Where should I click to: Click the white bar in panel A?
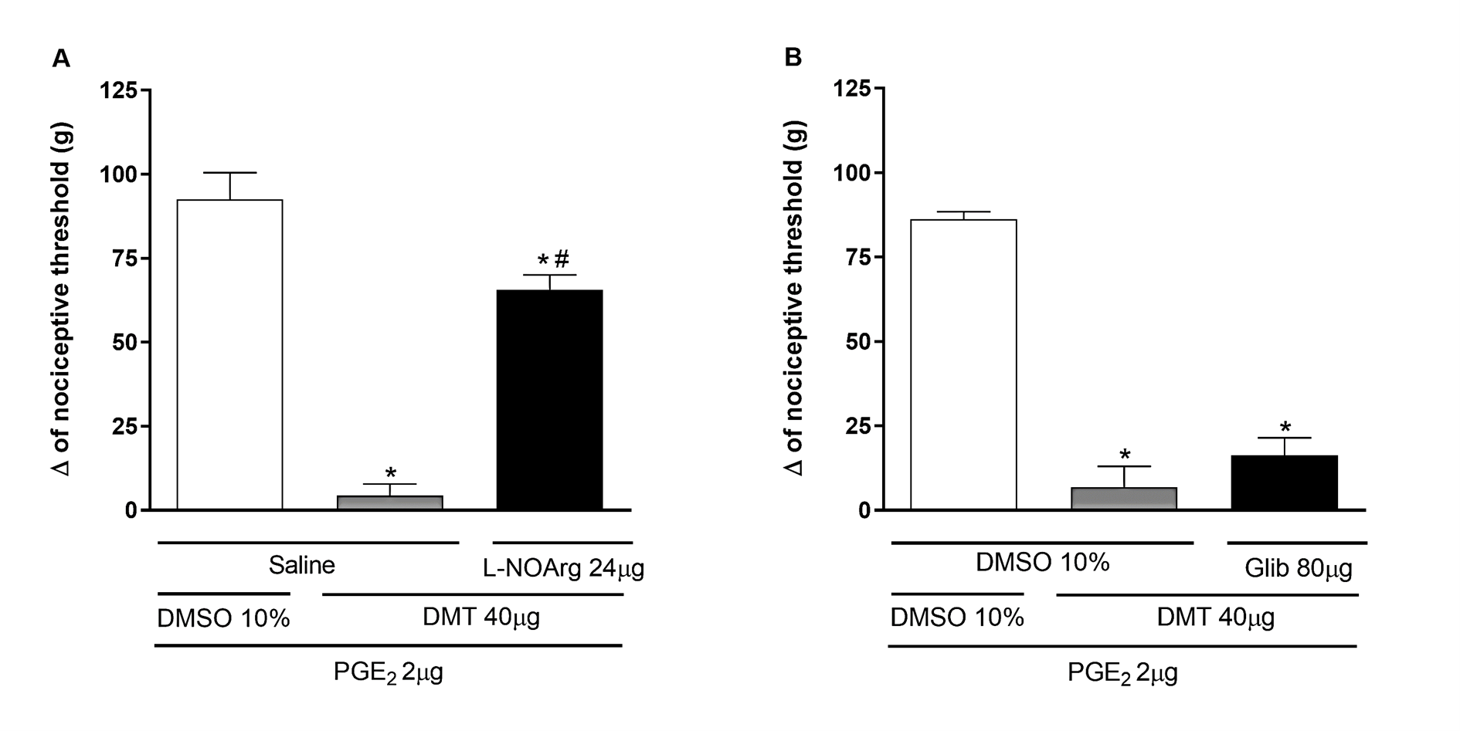[x=229, y=355]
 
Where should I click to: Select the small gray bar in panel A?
[x=389, y=503]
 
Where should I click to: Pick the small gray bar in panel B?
[x=1123, y=499]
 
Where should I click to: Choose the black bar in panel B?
[x=1284, y=482]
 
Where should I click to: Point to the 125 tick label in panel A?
[x=118, y=90]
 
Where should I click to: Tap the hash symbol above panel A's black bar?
[x=562, y=259]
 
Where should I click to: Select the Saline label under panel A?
[x=301, y=566]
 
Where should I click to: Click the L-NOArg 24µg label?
[x=563, y=569]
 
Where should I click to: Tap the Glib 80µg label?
[x=1298, y=569]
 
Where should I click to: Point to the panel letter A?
[x=61, y=59]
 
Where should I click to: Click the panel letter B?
[x=793, y=58]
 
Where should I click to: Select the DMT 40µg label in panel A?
[x=480, y=618]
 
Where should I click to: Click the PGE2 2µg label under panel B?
[x=1122, y=672]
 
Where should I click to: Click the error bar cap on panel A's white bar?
[x=229, y=173]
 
